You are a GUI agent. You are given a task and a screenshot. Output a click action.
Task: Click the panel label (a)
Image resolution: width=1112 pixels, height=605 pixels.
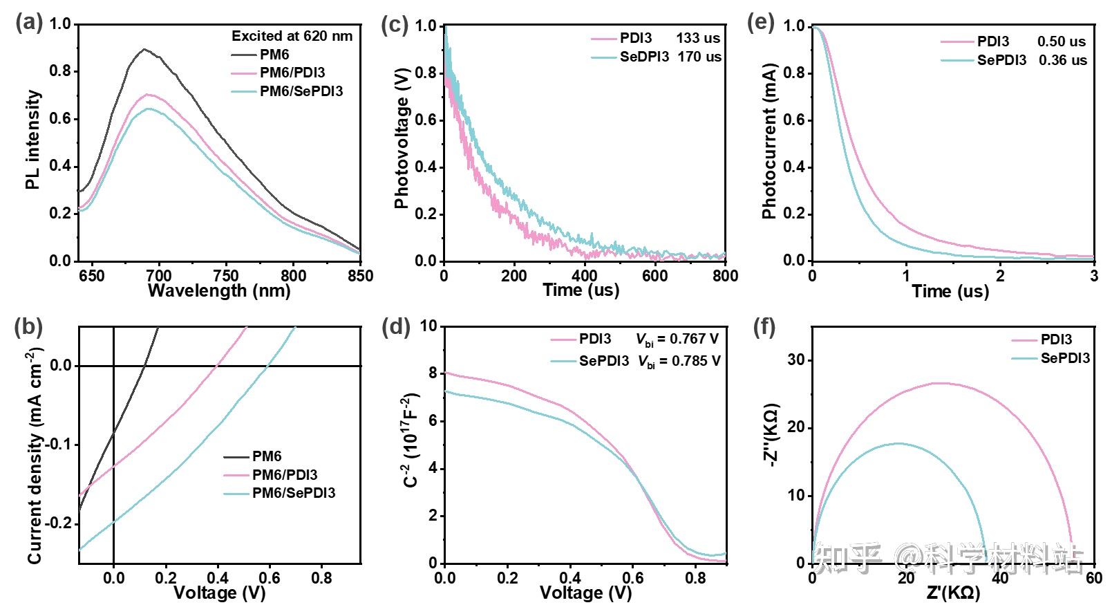(28, 23)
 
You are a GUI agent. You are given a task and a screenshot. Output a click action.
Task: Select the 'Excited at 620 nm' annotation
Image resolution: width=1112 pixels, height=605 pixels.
(292, 36)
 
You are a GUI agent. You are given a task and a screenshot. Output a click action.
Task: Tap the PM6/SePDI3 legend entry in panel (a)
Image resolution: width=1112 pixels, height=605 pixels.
(301, 91)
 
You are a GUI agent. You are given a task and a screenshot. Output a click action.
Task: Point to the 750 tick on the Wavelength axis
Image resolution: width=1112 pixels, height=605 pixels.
(226, 275)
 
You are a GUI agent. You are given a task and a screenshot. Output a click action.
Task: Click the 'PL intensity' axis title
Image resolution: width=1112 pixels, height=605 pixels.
(32, 140)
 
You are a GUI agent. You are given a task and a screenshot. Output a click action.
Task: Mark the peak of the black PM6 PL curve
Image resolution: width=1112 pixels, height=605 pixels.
(144, 50)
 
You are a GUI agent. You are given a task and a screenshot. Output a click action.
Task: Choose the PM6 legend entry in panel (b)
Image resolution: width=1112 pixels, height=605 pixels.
(267, 456)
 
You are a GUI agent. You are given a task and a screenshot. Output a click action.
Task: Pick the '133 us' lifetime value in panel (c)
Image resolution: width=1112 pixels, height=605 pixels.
(699, 39)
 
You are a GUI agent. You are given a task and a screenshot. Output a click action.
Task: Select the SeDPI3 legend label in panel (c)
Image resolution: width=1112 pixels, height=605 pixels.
(644, 57)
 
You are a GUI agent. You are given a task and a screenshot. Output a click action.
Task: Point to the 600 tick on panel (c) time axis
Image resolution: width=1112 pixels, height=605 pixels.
(654, 275)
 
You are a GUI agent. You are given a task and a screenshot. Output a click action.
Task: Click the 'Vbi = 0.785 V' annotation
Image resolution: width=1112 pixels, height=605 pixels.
(678, 361)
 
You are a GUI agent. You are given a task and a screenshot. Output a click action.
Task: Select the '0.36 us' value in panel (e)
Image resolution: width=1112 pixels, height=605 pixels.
(1062, 60)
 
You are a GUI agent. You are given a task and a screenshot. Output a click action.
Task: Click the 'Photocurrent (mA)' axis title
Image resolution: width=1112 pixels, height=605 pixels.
(769, 142)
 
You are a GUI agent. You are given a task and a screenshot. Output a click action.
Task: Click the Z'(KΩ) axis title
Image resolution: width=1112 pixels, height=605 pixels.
(952, 593)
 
